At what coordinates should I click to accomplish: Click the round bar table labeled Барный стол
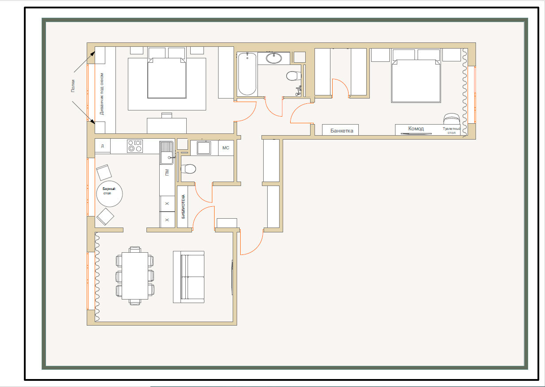click(x=110, y=193)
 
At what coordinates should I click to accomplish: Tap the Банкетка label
click(x=342, y=131)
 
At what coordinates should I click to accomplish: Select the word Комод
click(x=416, y=128)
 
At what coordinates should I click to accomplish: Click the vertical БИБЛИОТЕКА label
click(x=183, y=206)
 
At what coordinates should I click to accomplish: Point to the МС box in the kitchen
click(x=226, y=148)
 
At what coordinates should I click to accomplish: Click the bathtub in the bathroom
click(x=247, y=74)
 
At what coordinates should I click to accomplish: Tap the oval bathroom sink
click(x=274, y=58)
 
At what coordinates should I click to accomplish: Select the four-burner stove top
click(x=135, y=146)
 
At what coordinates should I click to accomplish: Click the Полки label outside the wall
click(x=73, y=86)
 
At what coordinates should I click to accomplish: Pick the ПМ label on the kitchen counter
click(x=167, y=172)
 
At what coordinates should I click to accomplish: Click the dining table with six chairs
click(x=135, y=276)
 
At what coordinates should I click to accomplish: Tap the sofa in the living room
click(x=188, y=277)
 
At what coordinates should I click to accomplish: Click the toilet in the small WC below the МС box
click(x=188, y=169)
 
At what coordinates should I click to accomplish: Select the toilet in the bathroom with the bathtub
click(x=294, y=76)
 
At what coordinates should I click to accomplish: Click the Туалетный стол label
click(x=451, y=131)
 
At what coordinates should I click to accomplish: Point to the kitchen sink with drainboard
click(x=167, y=153)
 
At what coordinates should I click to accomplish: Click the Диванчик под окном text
click(x=102, y=94)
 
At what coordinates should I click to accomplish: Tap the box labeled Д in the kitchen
click(x=103, y=146)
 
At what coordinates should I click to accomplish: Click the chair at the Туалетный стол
click(x=452, y=119)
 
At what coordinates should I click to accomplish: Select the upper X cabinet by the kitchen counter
click(x=167, y=204)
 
